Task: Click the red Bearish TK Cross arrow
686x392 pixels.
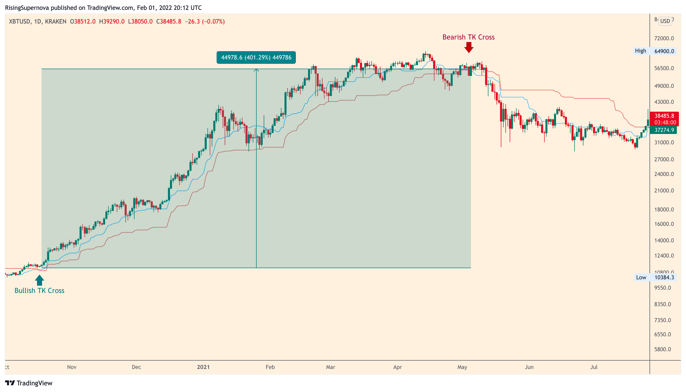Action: click(x=469, y=48)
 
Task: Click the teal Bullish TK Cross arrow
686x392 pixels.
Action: click(x=39, y=280)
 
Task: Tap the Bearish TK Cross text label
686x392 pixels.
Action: click(x=468, y=37)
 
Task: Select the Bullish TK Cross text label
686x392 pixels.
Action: click(x=39, y=291)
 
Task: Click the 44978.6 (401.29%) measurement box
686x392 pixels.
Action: click(x=256, y=58)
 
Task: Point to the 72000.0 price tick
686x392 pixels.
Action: click(x=664, y=38)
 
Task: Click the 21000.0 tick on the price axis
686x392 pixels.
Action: click(x=664, y=191)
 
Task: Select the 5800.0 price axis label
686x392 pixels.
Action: click(x=664, y=349)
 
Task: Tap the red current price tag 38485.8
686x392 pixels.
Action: click(x=664, y=116)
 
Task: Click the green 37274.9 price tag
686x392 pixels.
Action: click(x=664, y=130)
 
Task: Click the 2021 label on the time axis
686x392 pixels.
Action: click(x=203, y=367)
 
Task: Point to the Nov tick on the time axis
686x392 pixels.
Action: click(x=72, y=367)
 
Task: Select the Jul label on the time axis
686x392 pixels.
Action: click(x=594, y=367)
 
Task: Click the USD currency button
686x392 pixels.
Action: click(x=665, y=21)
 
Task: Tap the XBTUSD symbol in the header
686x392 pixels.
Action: click(x=20, y=22)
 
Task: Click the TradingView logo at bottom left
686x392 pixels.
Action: click(x=29, y=383)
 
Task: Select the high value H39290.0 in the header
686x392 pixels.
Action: click(x=112, y=22)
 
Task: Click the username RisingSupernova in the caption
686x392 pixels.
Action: click(x=27, y=8)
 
